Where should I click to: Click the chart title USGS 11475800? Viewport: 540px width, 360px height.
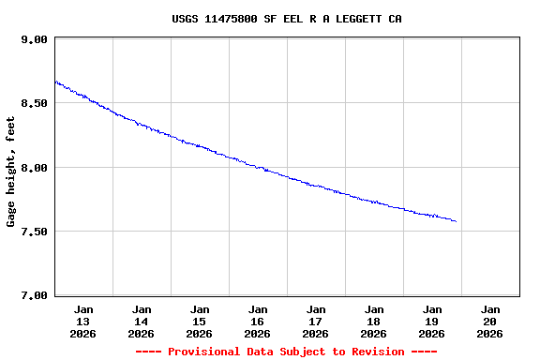point(287,19)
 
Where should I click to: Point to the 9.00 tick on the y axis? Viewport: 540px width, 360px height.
point(34,39)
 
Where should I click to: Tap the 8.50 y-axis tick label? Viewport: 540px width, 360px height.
point(34,103)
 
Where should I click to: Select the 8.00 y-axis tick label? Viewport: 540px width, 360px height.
point(34,167)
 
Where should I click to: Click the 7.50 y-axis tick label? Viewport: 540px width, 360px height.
point(34,232)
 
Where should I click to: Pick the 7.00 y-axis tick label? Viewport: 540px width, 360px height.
point(34,295)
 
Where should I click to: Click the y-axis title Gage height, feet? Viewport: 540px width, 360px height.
point(11,172)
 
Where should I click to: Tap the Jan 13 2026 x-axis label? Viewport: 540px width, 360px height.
point(83,321)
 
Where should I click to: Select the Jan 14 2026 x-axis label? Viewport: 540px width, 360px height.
point(142,321)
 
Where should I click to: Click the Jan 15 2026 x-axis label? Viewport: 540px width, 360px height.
point(200,321)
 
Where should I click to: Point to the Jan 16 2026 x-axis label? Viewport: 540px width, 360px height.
point(258,321)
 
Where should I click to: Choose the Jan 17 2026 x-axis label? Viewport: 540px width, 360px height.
point(316,321)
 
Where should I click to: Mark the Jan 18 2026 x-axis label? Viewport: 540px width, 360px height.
point(374,321)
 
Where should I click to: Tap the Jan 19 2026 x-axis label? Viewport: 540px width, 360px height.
point(432,321)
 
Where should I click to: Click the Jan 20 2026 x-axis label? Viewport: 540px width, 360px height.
point(490,321)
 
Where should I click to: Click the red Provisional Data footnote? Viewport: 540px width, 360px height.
point(286,352)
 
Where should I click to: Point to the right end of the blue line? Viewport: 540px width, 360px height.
point(456,221)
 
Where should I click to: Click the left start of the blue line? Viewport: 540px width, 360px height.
point(56,82)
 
